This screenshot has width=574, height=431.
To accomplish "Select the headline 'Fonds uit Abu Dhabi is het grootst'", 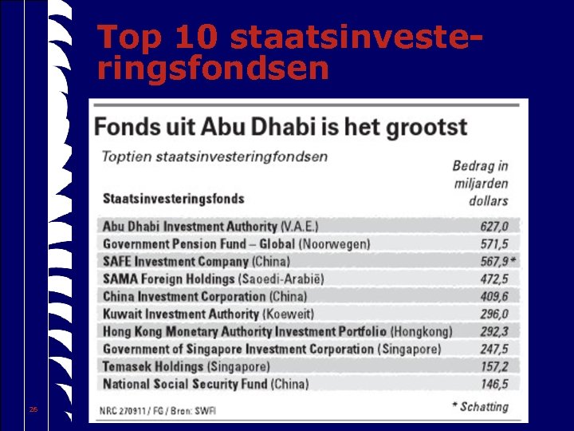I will coord(281,127).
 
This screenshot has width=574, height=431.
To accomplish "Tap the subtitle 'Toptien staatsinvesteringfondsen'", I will coord(214,156).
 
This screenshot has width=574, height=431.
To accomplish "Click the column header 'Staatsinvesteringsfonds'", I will coord(173,198).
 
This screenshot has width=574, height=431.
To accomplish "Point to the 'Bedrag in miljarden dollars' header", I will coord(480,183).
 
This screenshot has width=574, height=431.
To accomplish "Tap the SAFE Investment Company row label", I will coord(196,262).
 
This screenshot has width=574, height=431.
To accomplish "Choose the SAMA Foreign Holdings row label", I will coord(213,279).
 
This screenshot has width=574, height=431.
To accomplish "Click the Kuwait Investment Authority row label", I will coord(208,314).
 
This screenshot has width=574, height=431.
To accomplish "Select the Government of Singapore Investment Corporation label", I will coord(271,349).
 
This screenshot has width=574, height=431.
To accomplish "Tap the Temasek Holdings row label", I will coord(186,366).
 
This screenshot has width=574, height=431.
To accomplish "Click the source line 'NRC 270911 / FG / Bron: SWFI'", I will coord(157,410).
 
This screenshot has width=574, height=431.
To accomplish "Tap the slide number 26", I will coord(33,409).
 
